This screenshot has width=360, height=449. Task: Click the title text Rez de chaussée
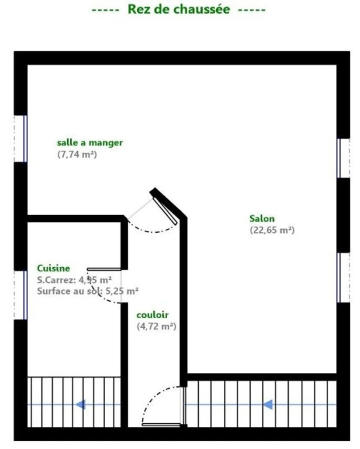(x=179, y=9)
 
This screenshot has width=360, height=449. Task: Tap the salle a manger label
(x=90, y=143)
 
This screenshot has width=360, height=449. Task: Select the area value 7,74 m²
(x=77, y=154)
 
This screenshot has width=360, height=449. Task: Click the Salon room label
(x=262, y=219)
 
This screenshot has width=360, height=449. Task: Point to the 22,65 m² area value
(x=272, y=230)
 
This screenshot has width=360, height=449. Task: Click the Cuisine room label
(x=54, y=268)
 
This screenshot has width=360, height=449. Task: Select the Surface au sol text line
(x=88, y=291)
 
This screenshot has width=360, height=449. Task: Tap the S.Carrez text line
(x=74, y=280)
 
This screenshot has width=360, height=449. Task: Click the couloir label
(x=153, y=315)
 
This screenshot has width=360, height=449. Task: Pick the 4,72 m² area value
(x=157, y=326)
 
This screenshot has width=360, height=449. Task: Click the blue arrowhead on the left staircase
(x=81, y=405)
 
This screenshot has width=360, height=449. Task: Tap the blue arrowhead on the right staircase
(x=268, y=405)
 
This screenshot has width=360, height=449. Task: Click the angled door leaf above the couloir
(x=165, y=210)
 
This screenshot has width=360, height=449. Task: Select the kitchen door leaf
(x=104, y=269)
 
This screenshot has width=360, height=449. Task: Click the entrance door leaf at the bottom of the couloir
(x=161, y=425)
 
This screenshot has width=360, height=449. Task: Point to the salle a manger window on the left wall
(x=21, y=139)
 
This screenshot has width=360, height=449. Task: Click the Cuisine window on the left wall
(x=21, y=295)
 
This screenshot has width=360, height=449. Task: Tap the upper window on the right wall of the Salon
(x=344, y=158)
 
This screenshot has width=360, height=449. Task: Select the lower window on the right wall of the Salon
(x=344, y=278)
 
